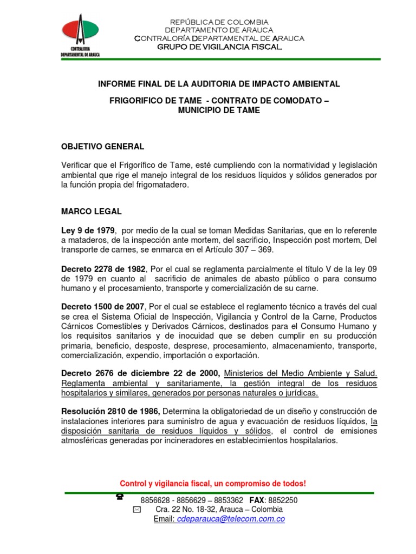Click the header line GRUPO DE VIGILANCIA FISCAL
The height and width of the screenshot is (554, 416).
click(x=219, y=47)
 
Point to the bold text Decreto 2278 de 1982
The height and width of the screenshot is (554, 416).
click(x=103, y=269)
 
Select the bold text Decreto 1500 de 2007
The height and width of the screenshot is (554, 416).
click(x=103, y=307)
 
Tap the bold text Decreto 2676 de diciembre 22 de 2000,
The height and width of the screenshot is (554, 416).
click(x=141, y=374)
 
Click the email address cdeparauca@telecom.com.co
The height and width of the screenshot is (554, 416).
click(x=227, y=519)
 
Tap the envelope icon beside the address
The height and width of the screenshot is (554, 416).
click(x=136, y=510)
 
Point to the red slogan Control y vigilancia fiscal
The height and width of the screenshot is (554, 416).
click(x=212, y=483)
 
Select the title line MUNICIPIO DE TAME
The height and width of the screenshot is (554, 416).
click(x=219, y=110)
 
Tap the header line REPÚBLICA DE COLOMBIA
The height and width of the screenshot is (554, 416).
click(x=219, y=22)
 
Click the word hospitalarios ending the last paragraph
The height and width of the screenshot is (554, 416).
click(x=310, y=440)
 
